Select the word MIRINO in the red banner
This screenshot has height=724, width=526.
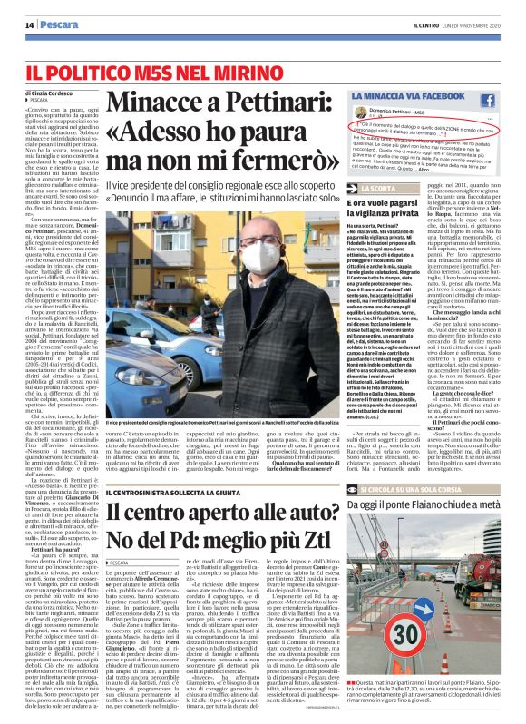pyautogui.click(x=195, y=69)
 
